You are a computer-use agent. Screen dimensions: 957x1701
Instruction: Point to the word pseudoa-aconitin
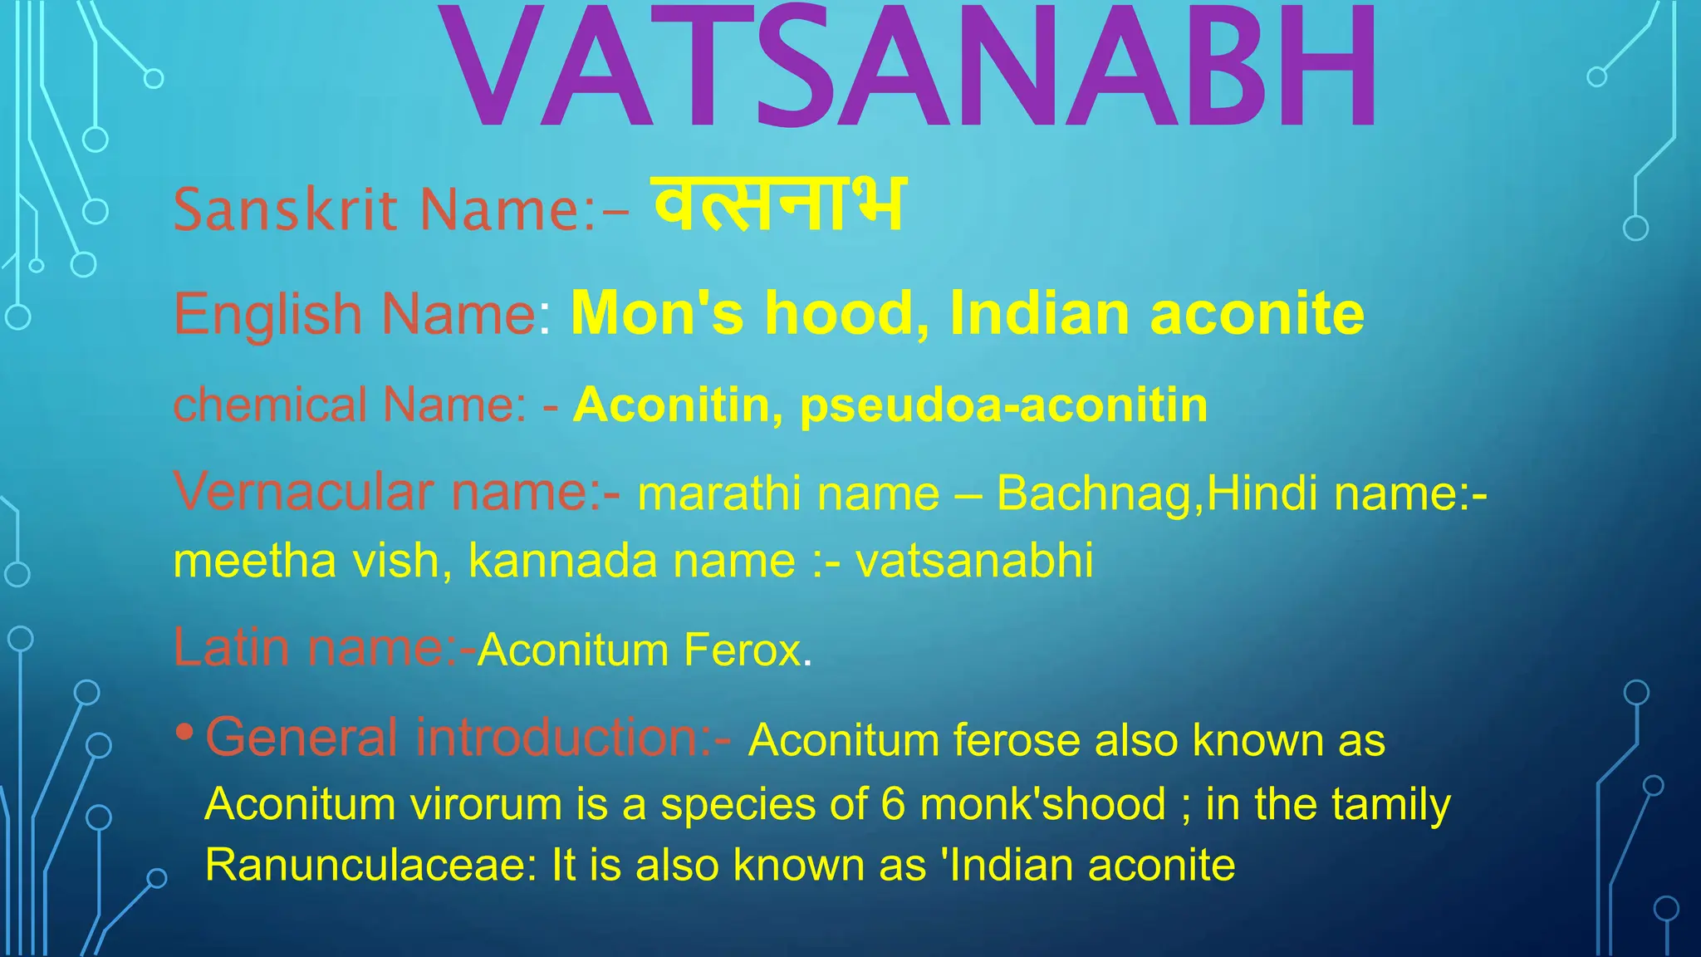(1003, 406)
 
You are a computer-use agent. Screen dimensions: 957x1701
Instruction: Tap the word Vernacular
(303, 492)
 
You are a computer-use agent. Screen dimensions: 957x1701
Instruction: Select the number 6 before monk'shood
(893, 804)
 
